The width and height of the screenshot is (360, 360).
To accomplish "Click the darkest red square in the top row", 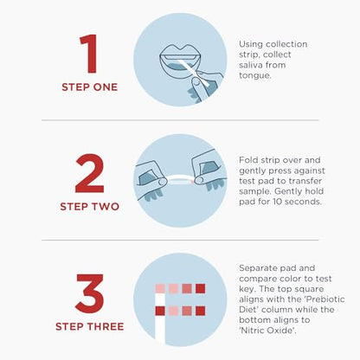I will (200, 288).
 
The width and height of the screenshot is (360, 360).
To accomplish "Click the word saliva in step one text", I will (252, 63).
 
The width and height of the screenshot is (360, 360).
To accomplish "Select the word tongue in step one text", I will (255, 74).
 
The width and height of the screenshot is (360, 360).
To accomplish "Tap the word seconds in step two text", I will (304, 202).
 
